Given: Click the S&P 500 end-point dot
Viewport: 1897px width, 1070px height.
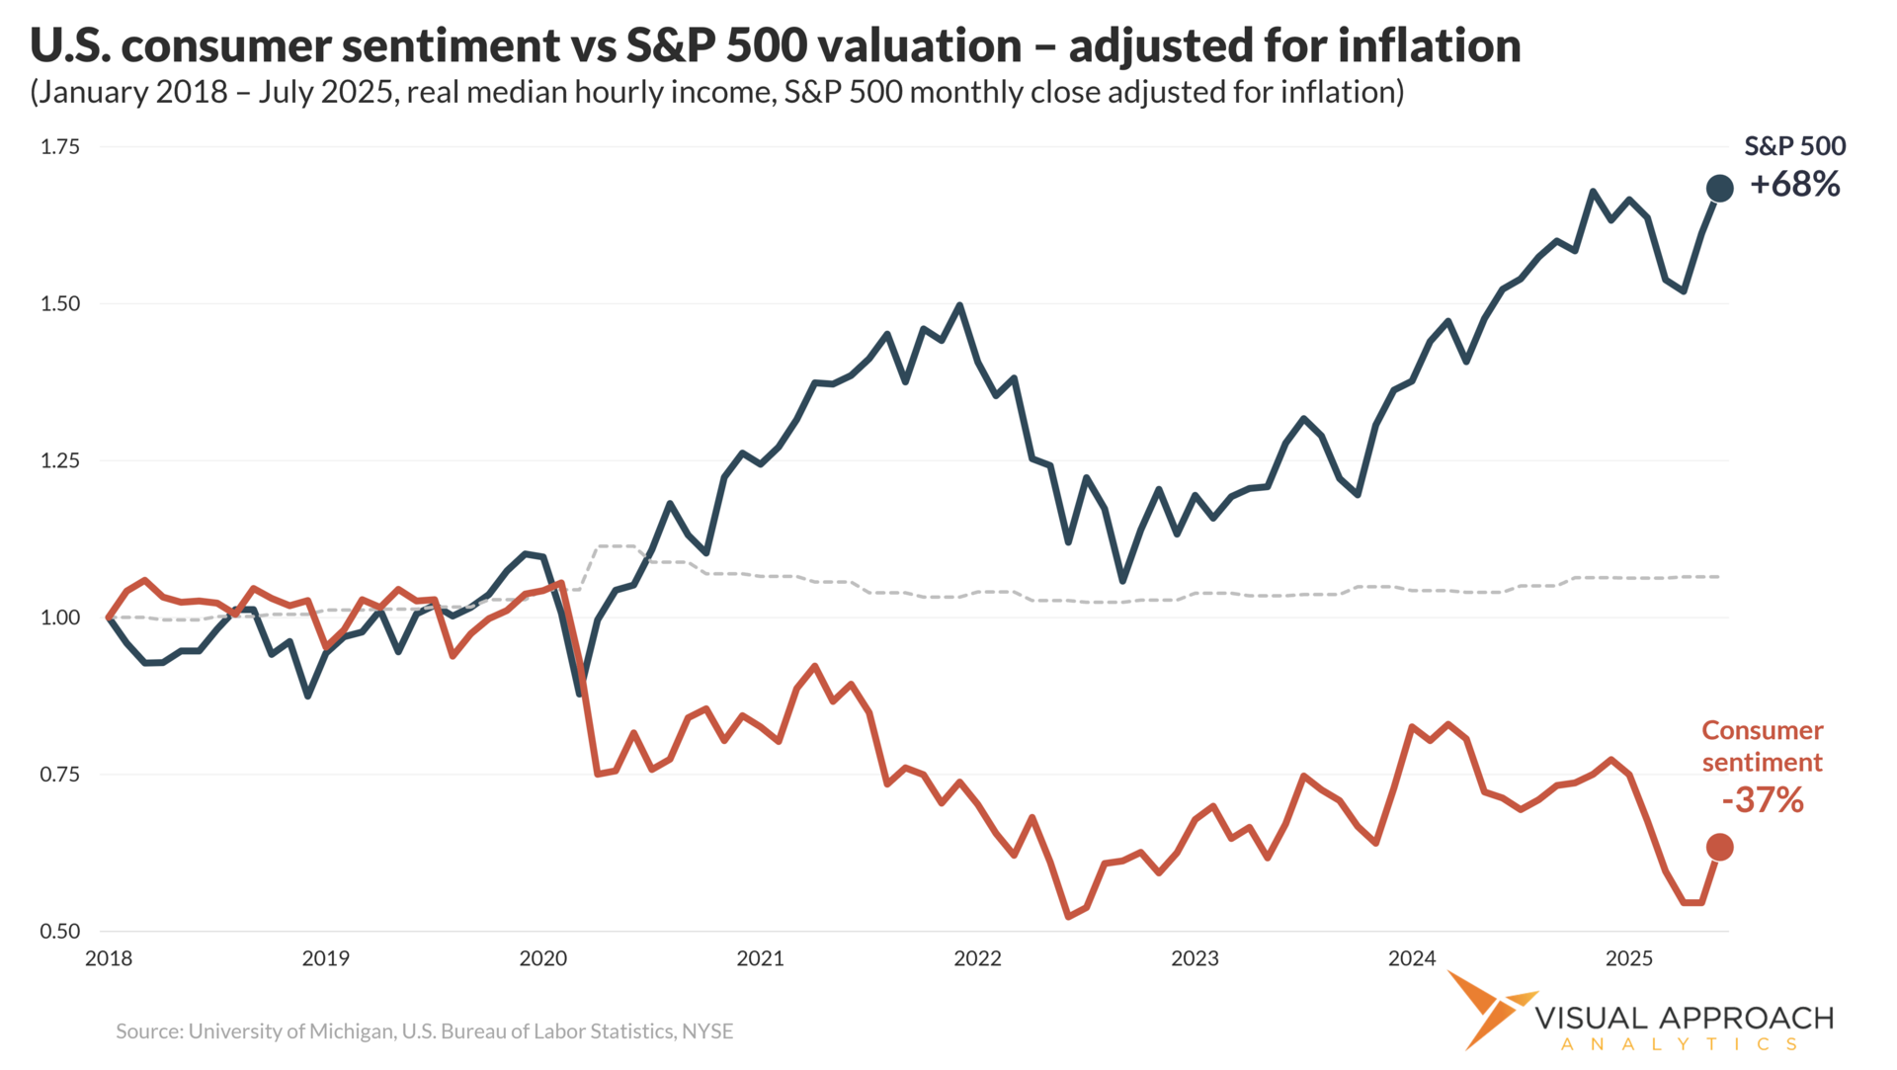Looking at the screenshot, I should point(1719,188).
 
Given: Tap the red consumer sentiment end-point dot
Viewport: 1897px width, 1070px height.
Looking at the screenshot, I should point(1719,847).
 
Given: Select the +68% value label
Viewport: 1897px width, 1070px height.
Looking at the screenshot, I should point(1794,185).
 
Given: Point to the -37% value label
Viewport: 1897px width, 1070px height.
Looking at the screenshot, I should point(1763,799).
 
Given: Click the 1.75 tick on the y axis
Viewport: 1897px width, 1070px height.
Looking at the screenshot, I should point(59,147).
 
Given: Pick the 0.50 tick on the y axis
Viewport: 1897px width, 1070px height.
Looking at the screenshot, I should point(59,932).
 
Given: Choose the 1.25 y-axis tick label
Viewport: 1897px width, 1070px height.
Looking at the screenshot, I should point(59,460).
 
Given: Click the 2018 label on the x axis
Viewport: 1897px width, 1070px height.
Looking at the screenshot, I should point(109,958).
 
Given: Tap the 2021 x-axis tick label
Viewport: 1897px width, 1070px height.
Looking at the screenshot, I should point(760,958).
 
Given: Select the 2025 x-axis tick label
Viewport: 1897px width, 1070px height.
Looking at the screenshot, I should point(1628,958).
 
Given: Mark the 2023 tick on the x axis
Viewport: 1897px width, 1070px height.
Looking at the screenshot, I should point(1195,958).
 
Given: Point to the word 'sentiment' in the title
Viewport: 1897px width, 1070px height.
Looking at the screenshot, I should point(445,46).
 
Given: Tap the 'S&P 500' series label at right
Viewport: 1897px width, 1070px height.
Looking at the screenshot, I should point(1794,146).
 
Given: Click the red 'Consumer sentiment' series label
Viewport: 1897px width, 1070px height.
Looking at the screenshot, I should point(1763,746).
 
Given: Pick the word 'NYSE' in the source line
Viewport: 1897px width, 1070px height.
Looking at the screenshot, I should point(707,1031).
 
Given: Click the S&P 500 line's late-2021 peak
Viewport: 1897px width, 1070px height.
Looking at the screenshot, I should point(959,305).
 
